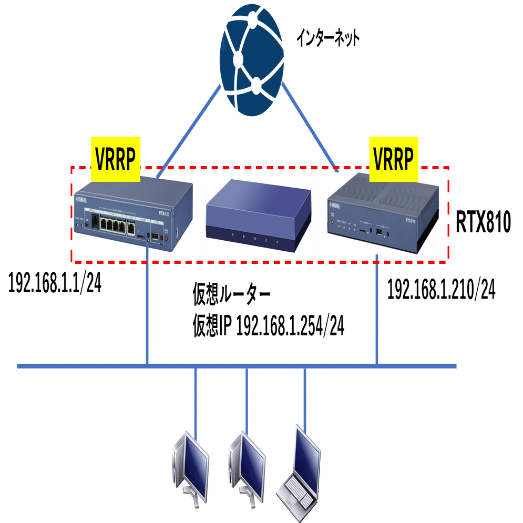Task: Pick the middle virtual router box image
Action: tap(258, 216)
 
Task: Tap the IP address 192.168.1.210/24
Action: tap(442, 290)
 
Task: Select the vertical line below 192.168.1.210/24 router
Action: tap(376, 310)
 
